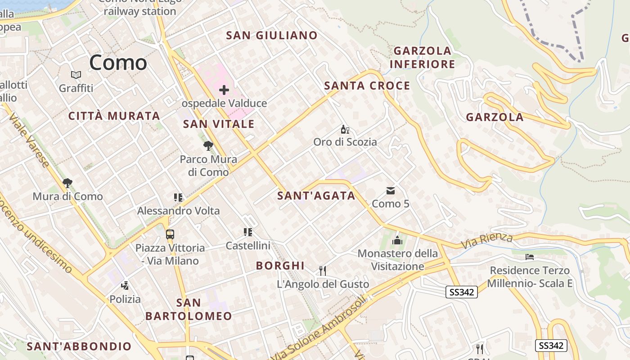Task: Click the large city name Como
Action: (118, 63)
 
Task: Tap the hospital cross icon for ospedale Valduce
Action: (224, 90)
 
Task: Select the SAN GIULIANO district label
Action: (271, 36)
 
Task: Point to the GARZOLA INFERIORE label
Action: (422, 57)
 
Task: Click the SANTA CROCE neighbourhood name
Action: (367, 85)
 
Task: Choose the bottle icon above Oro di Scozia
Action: (345, 130)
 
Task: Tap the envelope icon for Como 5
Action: (390, 191)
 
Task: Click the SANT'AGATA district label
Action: (316, 196)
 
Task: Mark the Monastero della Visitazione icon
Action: (397, 240)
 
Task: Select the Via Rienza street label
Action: (487, 241)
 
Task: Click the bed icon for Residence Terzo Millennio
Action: (530, 257)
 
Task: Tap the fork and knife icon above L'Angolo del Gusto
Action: (322, 270)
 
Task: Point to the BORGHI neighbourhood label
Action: (280, 265)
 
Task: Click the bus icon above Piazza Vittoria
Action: (170, 234)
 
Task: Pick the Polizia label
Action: (125, 299)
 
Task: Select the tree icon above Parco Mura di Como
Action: (208, 146)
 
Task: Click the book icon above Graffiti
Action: (76, 75)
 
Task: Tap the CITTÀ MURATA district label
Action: (114, 116)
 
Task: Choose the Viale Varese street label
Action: (29, 141)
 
